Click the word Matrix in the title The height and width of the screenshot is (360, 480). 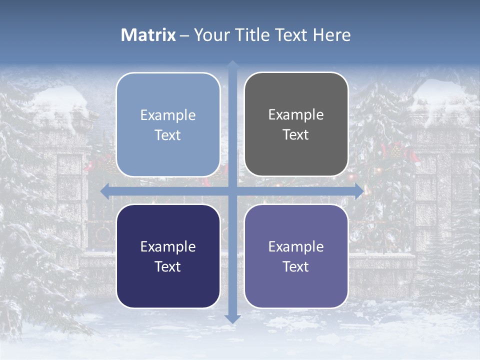click(x=148, y=35)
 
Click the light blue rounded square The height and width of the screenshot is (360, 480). click(x=168, y=124)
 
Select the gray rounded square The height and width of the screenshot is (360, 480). click(x=296, y=124)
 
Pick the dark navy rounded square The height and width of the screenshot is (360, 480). click(x=168, y=256)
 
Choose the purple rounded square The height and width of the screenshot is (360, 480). click(x=296, y=256)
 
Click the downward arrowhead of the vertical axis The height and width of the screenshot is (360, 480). click(x=232, y=319)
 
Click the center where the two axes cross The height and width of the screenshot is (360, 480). click(x=232, y=191)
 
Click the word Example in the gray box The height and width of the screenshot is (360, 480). click(x=296, y=114)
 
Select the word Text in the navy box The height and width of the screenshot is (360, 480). click(x=168, y=266)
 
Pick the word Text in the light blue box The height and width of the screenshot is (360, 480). click(x=168, y=135)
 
